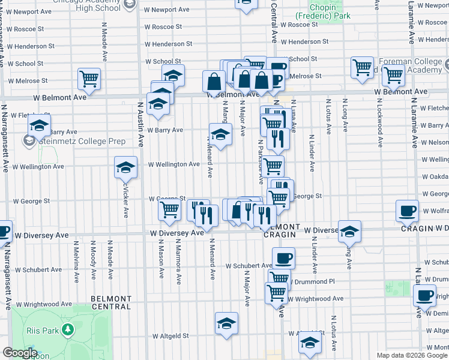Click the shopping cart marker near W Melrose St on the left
click(89, 79)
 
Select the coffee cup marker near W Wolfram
click(408, 211)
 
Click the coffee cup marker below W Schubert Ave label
click(283, 259)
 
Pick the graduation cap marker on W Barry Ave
click(220, 134)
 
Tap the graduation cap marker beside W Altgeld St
click(226, 323)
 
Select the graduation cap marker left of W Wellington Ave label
click(125, 167)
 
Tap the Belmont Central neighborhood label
click(111, 302)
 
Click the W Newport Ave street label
click(167, 10)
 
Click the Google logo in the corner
click(19, 353)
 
